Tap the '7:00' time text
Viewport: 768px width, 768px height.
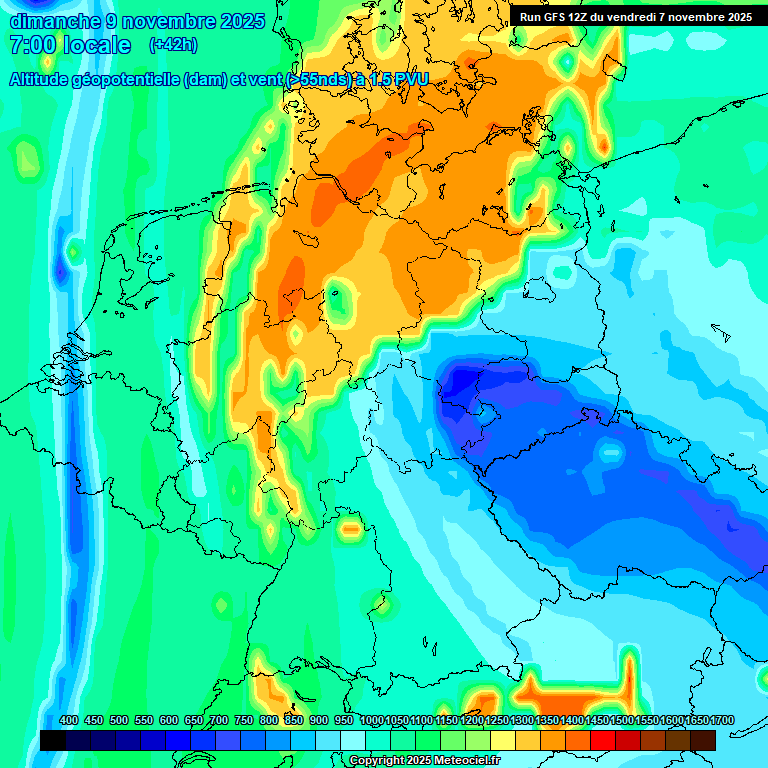pyautogui.click(x=31, y=45)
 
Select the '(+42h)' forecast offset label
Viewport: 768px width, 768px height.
pyautogui.click(x=173, y=45)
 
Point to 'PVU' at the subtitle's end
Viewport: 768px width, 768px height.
pyautogui.click(x=409, y=80)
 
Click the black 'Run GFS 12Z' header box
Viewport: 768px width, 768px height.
pyautogui.click(x=636, y=16)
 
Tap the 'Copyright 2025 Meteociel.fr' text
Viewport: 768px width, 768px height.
pyautogui.click(x=424, y=761)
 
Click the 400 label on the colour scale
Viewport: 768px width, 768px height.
pyautogui.click(x=69, y=721)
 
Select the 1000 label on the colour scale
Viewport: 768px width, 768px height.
pyautogui.click(x=372, y=721)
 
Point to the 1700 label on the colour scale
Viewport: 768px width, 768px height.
pyautogui.click(x=722, y=721)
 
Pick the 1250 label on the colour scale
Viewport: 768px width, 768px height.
pyautogui.click(x=497, y=721)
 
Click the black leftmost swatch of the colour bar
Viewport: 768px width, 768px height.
pyautogui.click(x=53, y=740)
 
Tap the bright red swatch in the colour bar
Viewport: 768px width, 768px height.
pyautogui.click(x=603, y=740)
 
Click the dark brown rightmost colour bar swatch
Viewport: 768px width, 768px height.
pyautogui.click(x=703, y=740)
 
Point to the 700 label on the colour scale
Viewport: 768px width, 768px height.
pyautogui.click(x=219, y=721)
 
